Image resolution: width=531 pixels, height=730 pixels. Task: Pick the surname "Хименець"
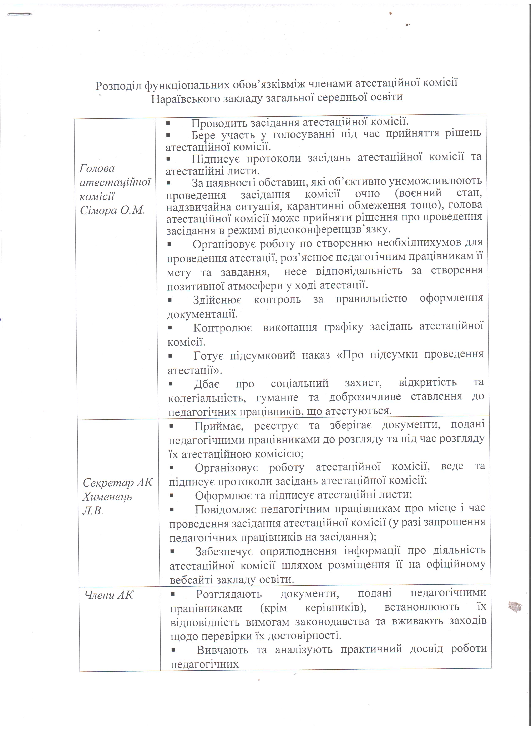107,497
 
